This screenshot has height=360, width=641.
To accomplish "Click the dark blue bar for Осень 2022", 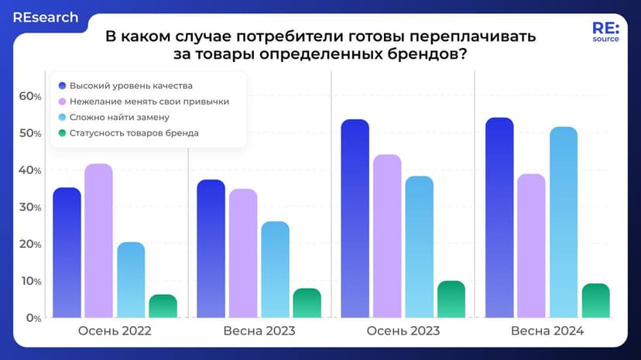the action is [x=67, y=252].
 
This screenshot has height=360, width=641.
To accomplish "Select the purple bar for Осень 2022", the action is [x=99, y=241].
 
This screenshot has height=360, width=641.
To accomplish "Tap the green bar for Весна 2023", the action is [x=307, y=303].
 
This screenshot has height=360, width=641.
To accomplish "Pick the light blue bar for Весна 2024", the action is [x=564, y=222].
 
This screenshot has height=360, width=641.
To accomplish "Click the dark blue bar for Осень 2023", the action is [x=355, y=218].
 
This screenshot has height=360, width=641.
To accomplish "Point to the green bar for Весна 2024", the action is [x=595, y=300].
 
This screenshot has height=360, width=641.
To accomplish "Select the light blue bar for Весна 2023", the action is [x=275, y=269].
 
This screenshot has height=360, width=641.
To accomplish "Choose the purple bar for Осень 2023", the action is [x=387, y=236].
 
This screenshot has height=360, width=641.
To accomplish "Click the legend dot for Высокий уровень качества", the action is [x=62, y=86].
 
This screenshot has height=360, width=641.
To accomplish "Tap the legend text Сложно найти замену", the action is [x=119, y=117].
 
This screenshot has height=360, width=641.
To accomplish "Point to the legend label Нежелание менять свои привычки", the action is [x=149, y=101].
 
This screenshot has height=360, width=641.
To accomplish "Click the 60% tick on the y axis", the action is [x=30, y=96].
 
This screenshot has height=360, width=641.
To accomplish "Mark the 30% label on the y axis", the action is [x=30, y=207].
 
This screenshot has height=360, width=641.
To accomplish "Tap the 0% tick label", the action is [x=33, y=318].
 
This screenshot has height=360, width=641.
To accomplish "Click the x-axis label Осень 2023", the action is [x=403, y=331].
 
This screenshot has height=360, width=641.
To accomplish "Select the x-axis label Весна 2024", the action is [x=547, y=331].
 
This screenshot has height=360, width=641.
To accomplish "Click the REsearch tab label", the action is [x=46, y=18].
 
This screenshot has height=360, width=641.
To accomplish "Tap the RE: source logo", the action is [x=606, y=32].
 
